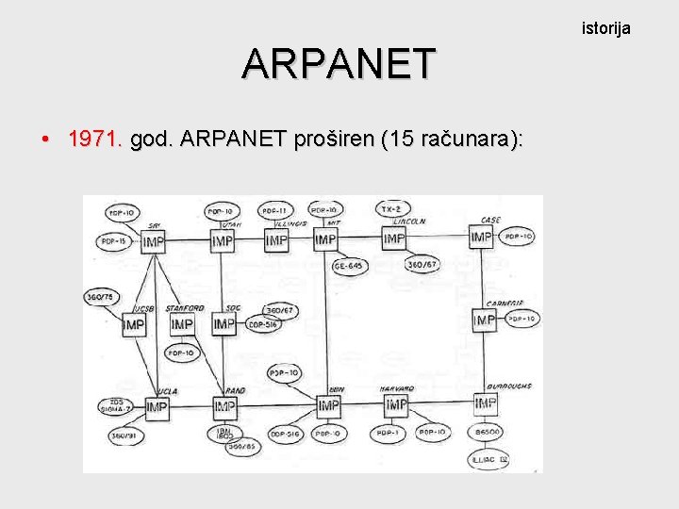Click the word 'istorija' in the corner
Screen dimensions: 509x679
605,28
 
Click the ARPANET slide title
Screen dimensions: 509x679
339,64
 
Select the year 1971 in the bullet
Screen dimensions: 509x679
95,140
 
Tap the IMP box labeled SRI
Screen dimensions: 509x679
152,242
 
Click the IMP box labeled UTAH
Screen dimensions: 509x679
222,241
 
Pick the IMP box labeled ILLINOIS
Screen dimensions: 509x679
276,241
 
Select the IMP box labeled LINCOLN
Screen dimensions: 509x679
394,239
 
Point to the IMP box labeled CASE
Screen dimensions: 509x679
482,237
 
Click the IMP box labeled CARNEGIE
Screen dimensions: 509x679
484,321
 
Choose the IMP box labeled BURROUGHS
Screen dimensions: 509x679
485,403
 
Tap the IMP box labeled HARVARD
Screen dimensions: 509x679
396,404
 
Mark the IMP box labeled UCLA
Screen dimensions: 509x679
157,408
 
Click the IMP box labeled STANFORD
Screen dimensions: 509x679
182,324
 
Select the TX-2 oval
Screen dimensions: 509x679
389,208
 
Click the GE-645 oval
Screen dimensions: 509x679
350,266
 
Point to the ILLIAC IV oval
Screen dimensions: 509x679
490,459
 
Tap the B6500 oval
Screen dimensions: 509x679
488,432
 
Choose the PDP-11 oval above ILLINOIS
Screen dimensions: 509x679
276,209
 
